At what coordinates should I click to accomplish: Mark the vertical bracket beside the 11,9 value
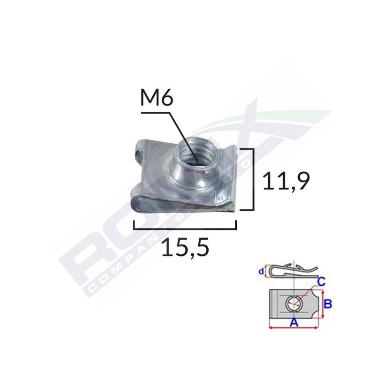click(252, 179)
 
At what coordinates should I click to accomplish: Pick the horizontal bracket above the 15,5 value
click(185, 228)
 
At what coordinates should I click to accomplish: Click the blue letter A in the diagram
click(294, 323)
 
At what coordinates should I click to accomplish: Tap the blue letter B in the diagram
click(329, 303)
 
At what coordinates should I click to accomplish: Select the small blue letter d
click(261, 272)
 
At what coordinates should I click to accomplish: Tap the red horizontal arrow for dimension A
click(294, 328)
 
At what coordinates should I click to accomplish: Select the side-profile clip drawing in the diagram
click(291, 272)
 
